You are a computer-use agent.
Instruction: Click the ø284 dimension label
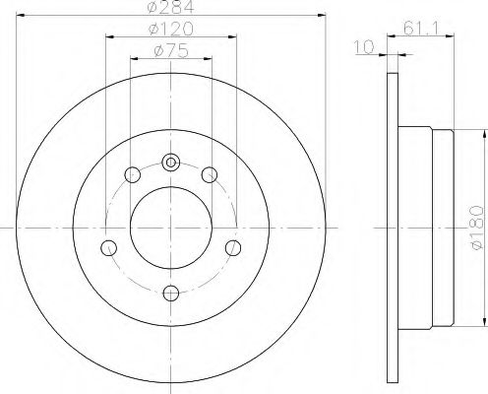(x=170, y=7)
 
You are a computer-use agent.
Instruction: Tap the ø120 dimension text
(x=171, y=29)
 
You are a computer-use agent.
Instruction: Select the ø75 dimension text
(x=171, y=51)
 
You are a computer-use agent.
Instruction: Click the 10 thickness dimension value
(x=364, y=47)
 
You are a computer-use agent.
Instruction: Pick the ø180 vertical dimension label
(x=476, y=228)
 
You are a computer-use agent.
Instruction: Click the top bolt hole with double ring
(x=171, y=163)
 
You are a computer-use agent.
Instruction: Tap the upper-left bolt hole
(x=133, y=174)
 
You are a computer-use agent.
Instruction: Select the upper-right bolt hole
(x=210, y=174)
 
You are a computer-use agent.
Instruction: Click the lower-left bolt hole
(x=109, y=248)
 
